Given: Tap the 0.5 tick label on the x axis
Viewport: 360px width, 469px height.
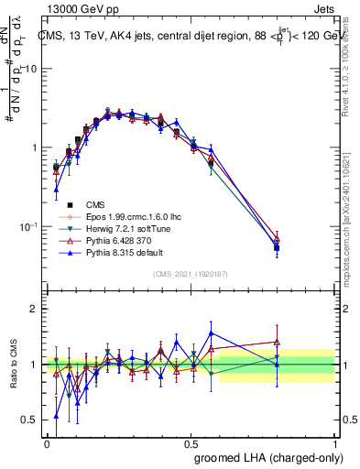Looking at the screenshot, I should pos(191,442).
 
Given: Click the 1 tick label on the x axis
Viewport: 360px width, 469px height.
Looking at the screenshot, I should pos(335,442).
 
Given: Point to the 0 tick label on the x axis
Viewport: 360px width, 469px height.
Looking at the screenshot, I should pos(47,442).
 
